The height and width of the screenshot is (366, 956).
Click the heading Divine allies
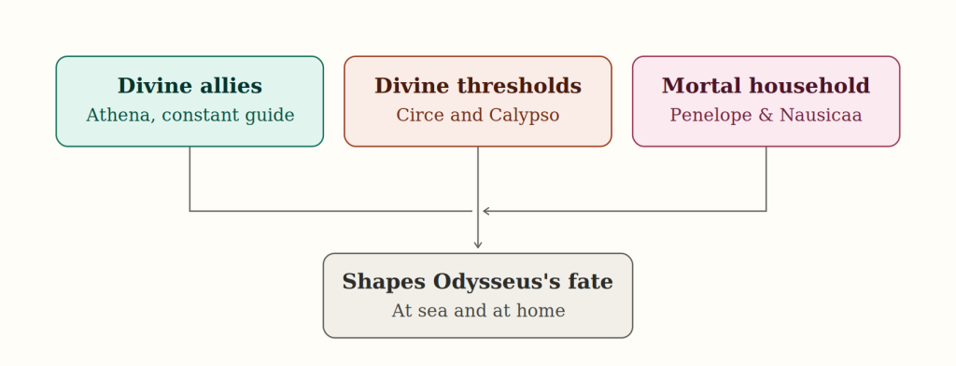190,86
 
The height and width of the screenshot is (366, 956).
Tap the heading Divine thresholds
478,86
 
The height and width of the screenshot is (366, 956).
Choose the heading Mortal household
766,86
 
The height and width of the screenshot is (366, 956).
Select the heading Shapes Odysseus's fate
477,282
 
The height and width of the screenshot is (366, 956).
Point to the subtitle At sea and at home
478,311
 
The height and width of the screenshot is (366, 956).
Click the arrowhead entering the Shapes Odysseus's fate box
478,245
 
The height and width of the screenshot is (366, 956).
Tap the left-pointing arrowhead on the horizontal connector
486,211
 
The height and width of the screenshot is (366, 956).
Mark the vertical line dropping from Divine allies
190,178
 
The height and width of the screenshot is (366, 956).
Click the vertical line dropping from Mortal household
766,178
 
